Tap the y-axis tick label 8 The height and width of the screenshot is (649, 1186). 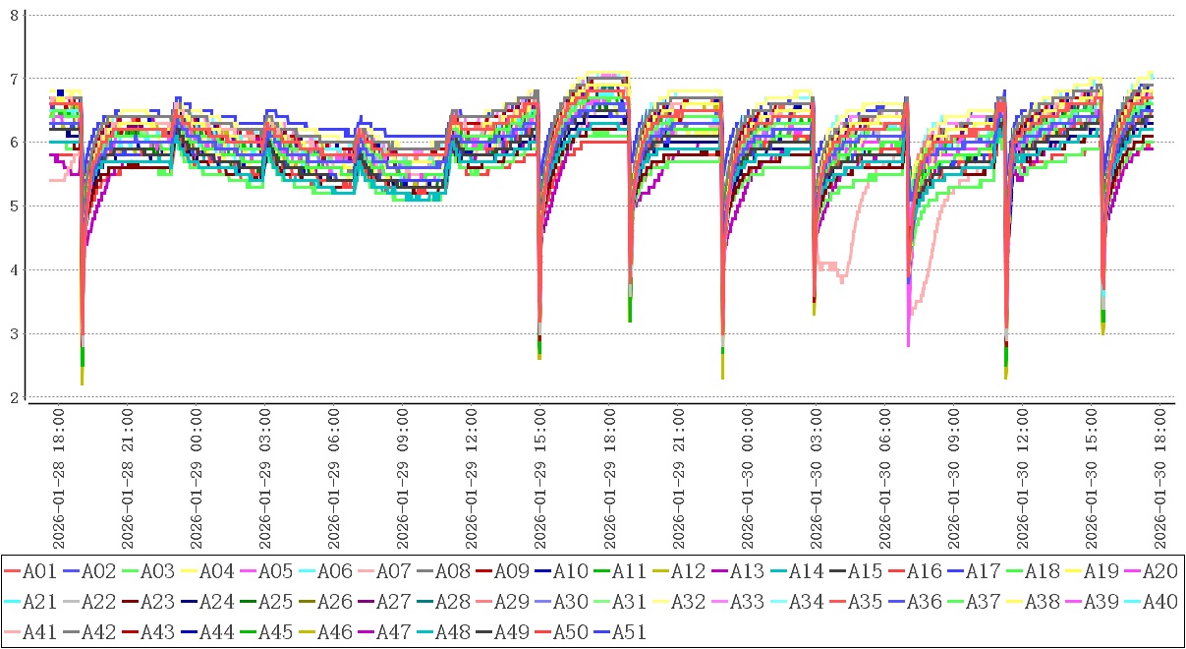pyautogui.click(x=14, y=15)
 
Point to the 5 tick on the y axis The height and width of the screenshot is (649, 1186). pyautogui.click(x=14, y=206)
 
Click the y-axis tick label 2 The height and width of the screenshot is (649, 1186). pyautogui.click(x=14, y=398)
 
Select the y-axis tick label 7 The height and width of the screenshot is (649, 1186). pyautogui.click(x=14, y=79)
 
